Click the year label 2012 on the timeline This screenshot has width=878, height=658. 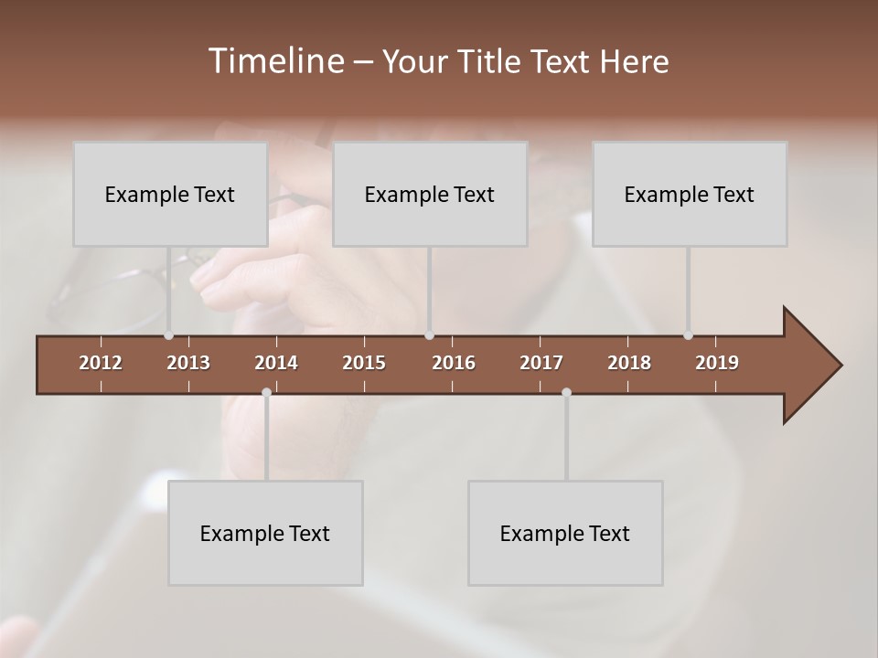(x=101, y=363)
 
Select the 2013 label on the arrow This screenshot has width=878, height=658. (x=188, y=363)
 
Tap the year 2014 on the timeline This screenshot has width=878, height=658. (x=276, y=363)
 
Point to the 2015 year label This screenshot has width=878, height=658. (x=364, y=363)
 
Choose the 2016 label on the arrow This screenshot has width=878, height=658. (x=454, y=363)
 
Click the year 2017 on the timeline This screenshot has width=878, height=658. (x=541, y=363)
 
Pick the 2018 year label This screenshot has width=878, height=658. (x=629, y=363)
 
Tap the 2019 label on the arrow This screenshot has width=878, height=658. (x=717, y=363)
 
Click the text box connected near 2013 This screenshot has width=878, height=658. (x=170, y=194)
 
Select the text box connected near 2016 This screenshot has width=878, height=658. (x=430, y=194)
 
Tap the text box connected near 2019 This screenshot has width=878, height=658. (x=690, y=194)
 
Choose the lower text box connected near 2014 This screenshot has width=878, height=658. (x=265, y=533)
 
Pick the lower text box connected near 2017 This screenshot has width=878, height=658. (x=565, y=533)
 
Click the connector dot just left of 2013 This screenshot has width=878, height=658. (x=168, y=335)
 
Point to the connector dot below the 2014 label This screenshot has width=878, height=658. (x=266, y=392)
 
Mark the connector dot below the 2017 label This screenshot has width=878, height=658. (x=566, y=392)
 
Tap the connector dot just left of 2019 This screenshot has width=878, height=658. (x=688, y=335)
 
